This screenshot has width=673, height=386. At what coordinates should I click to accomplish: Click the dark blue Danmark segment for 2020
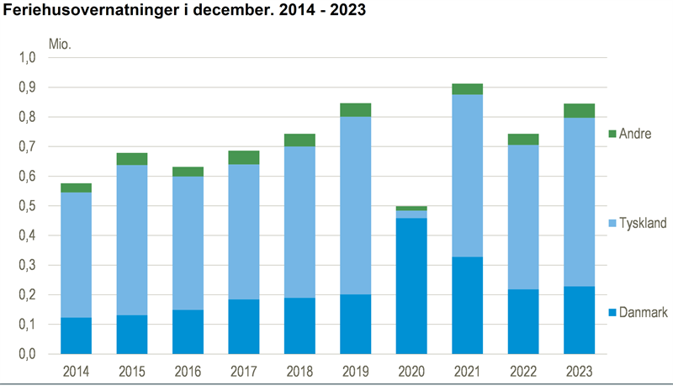411,286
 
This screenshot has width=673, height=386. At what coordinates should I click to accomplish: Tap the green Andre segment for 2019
356,109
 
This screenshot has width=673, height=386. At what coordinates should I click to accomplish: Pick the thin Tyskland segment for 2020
411,214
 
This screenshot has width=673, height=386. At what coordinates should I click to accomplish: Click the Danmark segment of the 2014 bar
77,336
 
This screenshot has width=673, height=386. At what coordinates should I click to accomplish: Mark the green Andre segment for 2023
578,110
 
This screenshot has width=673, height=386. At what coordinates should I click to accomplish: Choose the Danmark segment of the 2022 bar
522,321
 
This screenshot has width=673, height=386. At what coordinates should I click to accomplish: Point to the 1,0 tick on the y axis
29,58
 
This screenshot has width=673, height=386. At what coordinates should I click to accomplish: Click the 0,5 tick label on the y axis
29,206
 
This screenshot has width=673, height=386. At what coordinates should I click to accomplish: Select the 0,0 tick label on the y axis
29,354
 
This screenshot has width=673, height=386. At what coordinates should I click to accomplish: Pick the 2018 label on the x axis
299,371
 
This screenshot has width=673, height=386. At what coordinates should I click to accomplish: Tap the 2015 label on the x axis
132,371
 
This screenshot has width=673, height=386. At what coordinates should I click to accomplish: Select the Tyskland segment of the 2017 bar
243,231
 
